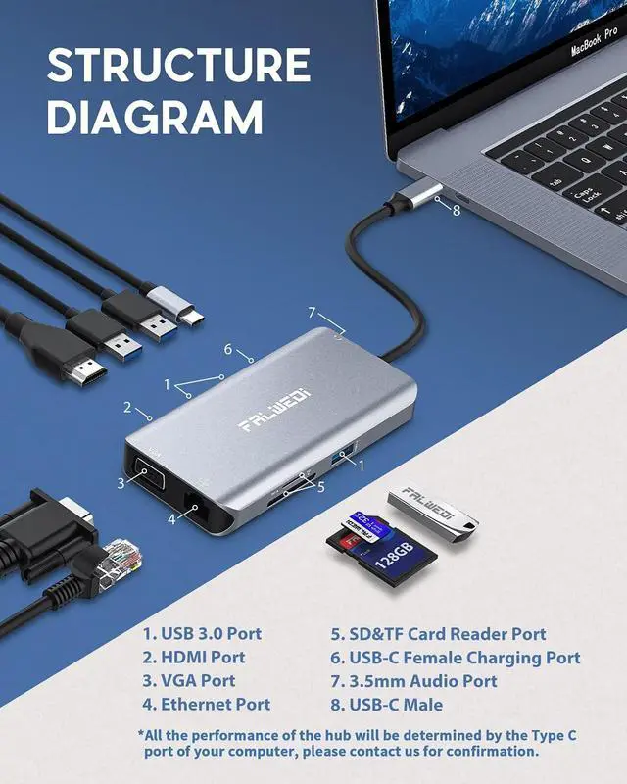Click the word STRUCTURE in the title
(x=178, y=67)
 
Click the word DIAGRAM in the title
(x=155, y=118)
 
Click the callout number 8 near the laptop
(x=456, y=209)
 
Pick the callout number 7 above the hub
(x=312, y=313)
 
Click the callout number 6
(x=227, y=350)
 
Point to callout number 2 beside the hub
(x=127, y=407)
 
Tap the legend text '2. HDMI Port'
(x=194, y=658)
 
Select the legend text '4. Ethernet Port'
(x=206, y=705)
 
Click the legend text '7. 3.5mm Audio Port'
(x=413, y=681)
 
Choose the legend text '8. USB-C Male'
(x=387, y=705)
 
